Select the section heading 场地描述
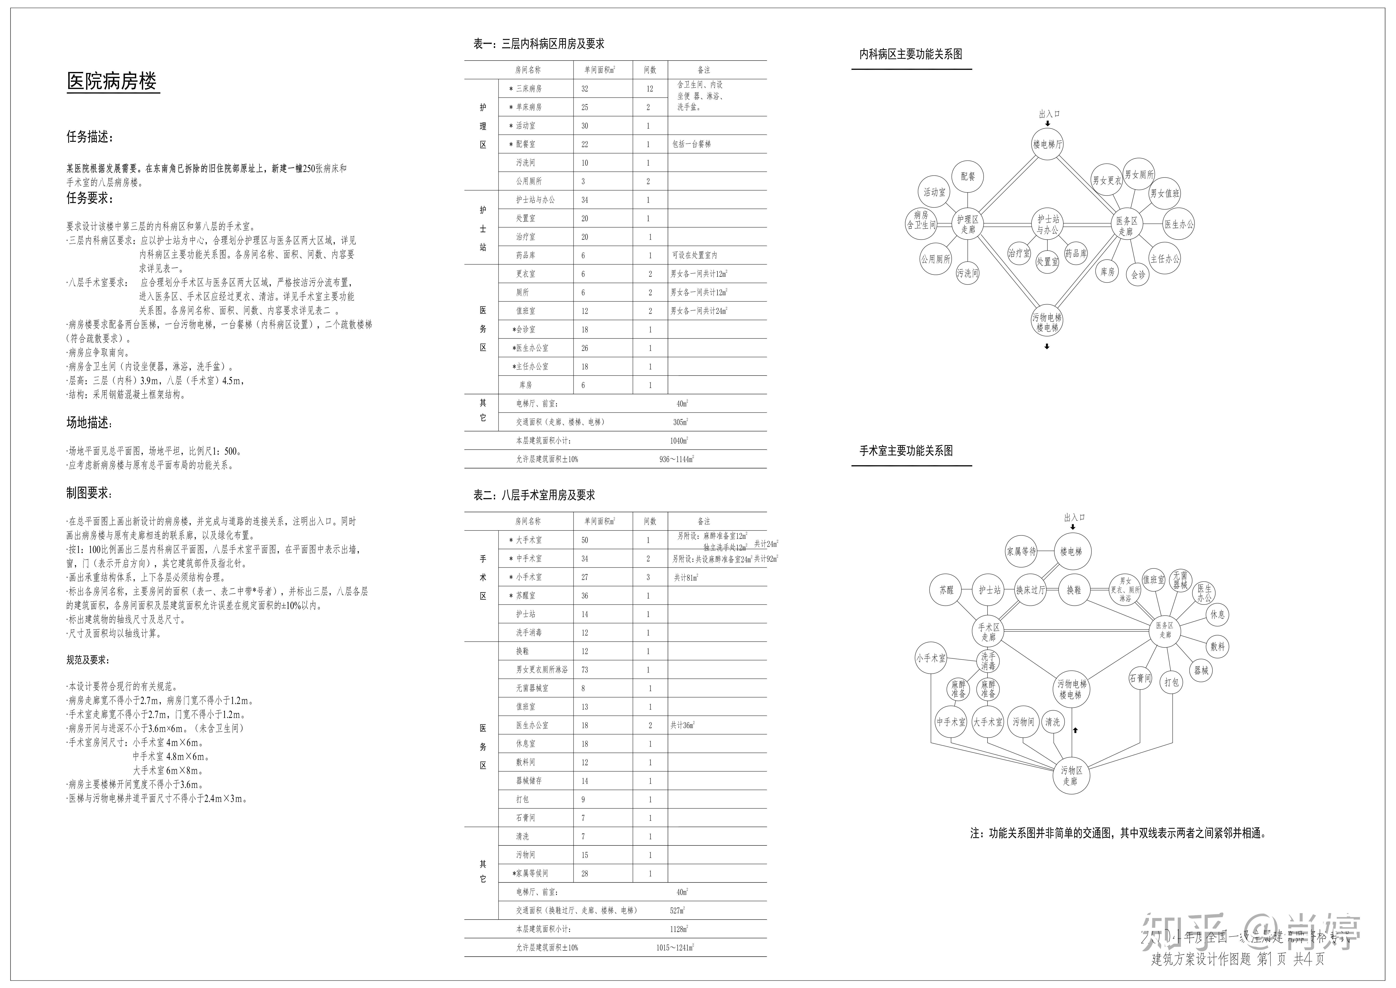89,422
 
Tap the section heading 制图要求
89,493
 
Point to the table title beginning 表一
539,44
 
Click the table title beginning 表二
534,495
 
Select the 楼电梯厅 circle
1047,144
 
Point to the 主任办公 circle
1164,259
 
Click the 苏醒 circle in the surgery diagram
947,590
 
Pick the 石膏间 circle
1140,678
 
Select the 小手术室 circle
931,658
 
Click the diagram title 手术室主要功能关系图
906,451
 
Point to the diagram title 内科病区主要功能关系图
910,54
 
